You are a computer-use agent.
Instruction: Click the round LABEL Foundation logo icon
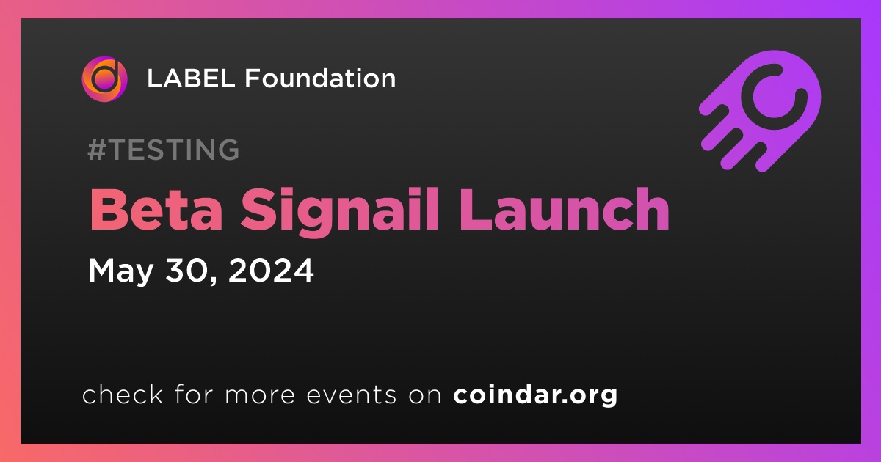[x=104, y=79]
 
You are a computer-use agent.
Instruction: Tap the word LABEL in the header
[x=191, y=78]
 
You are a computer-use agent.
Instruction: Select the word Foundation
[x=320, y=78]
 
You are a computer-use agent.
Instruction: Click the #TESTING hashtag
[x=164, y=150]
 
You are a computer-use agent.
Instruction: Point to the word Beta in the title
[x=156, y=210]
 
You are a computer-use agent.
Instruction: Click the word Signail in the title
[x=339, y=212]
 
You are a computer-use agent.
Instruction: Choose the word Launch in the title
[x=565, y=209]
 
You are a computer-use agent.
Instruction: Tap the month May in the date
[x=120, y=271]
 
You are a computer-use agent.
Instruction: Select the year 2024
[x=271, y=270]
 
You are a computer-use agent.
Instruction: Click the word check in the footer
[x=123, y=394]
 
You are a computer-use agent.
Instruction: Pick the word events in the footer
[x=351, y=395]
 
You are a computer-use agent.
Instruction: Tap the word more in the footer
[x=260, y=395]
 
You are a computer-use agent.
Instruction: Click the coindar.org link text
[x=535, y=395]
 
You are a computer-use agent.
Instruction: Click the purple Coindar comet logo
[x=760, y=111]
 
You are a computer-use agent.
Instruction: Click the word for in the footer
[x=194, y=394]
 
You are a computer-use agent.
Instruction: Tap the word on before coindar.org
[x=425, y=395]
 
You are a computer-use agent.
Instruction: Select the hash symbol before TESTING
[x=97, y=150]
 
